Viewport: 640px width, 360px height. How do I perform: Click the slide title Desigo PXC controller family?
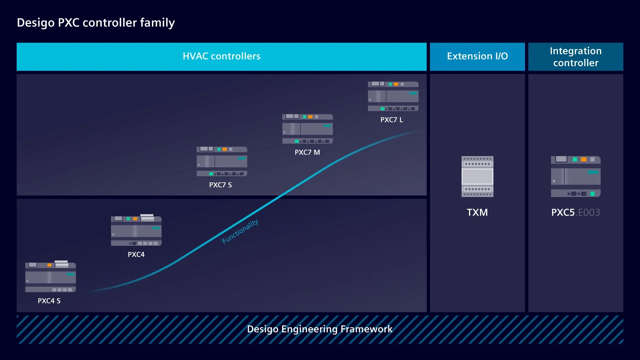click(x=96, y=23)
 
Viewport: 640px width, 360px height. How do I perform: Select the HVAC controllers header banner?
click(x=222, y=56)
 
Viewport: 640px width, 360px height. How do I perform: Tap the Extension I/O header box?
click(x=477, y=56)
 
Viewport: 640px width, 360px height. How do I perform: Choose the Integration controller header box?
click(x=576, y=56)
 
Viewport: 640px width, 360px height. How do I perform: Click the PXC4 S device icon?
click(x=51, y=276)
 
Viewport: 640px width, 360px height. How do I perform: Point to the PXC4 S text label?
click(x=49, y=301)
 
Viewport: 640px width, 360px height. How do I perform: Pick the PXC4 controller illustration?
click(x=136, y=230)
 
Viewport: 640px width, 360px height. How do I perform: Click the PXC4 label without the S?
click(x=136, y=254)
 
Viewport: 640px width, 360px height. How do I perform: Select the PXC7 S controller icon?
click(x=222, y=161)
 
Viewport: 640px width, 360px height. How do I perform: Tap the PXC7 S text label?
click(x=220, y=185)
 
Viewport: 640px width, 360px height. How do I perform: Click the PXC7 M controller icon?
click(x=308, y=129)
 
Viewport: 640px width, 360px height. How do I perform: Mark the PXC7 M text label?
click(x=307, y=152)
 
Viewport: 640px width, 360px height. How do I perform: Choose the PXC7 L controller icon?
click(x=393, y=96)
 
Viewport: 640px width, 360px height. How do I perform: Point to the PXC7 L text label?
click(x=392, y=120)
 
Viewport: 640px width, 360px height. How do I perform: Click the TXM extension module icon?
click(x=477, y=176)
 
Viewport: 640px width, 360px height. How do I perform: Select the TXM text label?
click(x=477, y=212)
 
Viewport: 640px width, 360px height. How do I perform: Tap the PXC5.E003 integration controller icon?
click(x=576, y=176)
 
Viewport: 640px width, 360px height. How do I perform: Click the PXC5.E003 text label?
click(x=576, y=212)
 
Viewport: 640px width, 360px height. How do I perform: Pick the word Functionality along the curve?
click(x=240, y=231)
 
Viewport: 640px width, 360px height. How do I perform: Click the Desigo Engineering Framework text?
click(x=320, y=329)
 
